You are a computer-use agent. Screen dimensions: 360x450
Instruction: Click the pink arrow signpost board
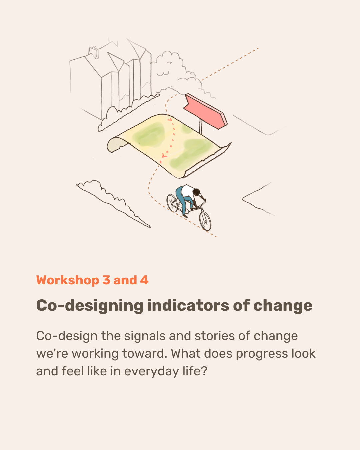[x=205, y=111]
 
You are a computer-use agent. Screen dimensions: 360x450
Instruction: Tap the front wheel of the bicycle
[x=205, y=221]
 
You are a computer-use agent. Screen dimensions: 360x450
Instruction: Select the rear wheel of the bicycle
[x=172, y=203]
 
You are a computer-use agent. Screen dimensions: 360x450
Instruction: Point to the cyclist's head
[x=196, y=192]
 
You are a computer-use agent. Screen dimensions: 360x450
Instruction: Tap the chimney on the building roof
[x=94, y=52]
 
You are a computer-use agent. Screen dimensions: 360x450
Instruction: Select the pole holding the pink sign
[x=201, y=126]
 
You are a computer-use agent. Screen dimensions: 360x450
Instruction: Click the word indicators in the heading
[x=188, y=306]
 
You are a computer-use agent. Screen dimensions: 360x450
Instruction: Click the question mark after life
[x=204, y=371]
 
